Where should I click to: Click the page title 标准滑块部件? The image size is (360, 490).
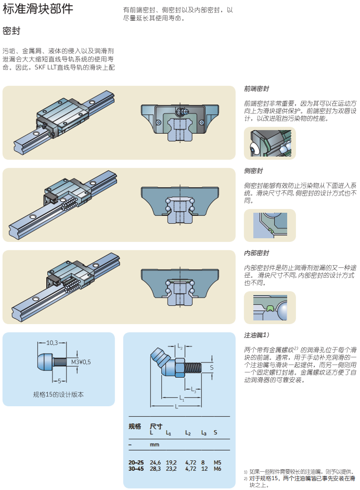[38, 9]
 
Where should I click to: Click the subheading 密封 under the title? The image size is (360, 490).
[11, 31]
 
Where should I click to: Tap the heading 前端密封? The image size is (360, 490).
[256, 89]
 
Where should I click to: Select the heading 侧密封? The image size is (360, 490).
[253, 171]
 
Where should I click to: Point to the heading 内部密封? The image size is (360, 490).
[256, 253]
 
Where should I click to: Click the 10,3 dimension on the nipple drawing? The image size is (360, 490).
[52, 343]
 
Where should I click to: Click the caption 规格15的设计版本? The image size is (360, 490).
[58, 394]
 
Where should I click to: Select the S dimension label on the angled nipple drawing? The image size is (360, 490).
[211, 368]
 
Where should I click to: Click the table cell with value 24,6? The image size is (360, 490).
[156, 462]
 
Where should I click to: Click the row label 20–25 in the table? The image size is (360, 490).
[136, 462]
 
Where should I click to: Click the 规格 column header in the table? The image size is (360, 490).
[135, 427]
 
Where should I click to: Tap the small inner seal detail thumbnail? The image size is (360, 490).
[269, 307]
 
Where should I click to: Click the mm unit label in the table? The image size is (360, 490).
[155, 445]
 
